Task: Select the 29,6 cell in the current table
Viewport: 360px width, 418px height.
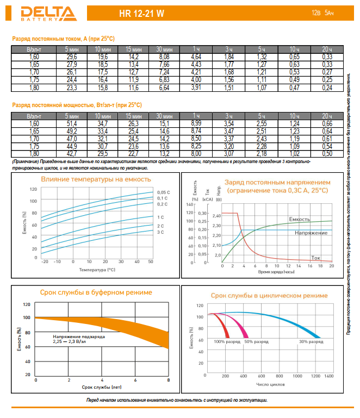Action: pyautogui.click(x=72, y=57)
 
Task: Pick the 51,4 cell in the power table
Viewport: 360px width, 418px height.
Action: pyautogui.click(x=72, y=124)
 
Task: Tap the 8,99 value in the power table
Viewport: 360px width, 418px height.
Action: pyautogui.click(x=196, y=124)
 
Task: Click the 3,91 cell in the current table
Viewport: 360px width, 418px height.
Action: pyautogui.click(x=196, y=87)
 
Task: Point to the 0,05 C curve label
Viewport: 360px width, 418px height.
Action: pyautogui.click(x=164, y=192)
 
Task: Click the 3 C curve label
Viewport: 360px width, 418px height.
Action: pyautogui.click(x=160, y=232)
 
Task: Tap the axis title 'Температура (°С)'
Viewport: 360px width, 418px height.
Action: pyautogui.click(x=97, y=269)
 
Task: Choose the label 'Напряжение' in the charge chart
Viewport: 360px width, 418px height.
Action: pyautogui.click(x=311, y=233)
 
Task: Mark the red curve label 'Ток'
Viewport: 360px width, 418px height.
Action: pyautogui.click(x=315, y=257)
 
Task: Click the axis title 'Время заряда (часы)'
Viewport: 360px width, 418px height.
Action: pyautogui.click(x=276, y=271)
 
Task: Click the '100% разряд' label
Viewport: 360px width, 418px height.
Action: pyautogui.click(x=227, y=341)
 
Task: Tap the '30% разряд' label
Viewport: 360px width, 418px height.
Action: pyautogui.click(x=311, y=341)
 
